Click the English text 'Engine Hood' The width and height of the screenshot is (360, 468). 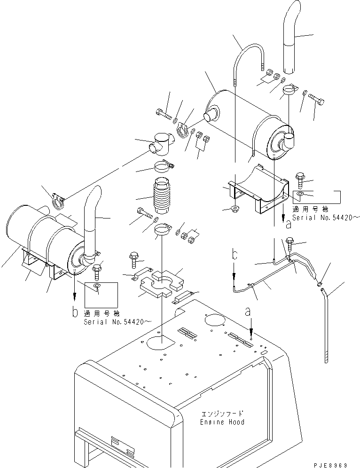(222, 422)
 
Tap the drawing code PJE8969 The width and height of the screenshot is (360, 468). (330, 465)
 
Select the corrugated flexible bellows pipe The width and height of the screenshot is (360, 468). (162, 196)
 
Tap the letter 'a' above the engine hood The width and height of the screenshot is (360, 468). (248, 312)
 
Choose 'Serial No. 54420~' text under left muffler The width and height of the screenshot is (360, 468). (117, 322)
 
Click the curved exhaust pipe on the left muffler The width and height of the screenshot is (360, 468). (91, 224)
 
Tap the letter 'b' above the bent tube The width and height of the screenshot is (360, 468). (235, 255)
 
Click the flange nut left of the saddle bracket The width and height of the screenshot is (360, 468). (235, 208)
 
